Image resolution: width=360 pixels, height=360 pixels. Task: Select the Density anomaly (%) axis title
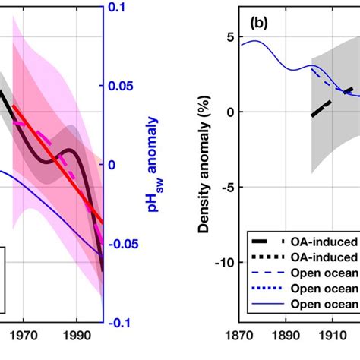tap(203, 164)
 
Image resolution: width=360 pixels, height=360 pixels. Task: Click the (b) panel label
tap(262, 36)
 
